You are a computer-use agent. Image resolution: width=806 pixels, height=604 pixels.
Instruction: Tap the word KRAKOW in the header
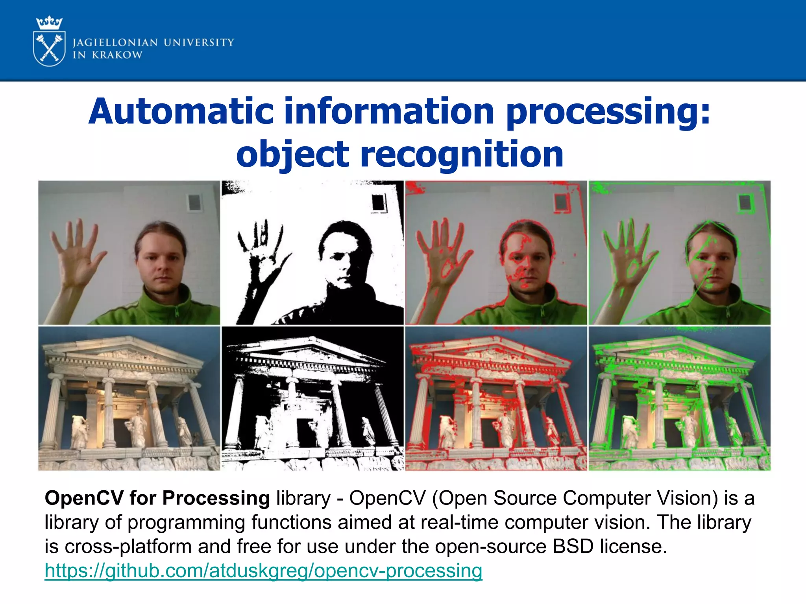pos(117,55)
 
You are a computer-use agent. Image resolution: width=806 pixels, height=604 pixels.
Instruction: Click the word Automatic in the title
pos(181,112)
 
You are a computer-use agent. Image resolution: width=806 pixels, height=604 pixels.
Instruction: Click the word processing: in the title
pos(608,112)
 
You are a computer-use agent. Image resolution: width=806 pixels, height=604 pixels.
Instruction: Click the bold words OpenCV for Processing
pos(157,498)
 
